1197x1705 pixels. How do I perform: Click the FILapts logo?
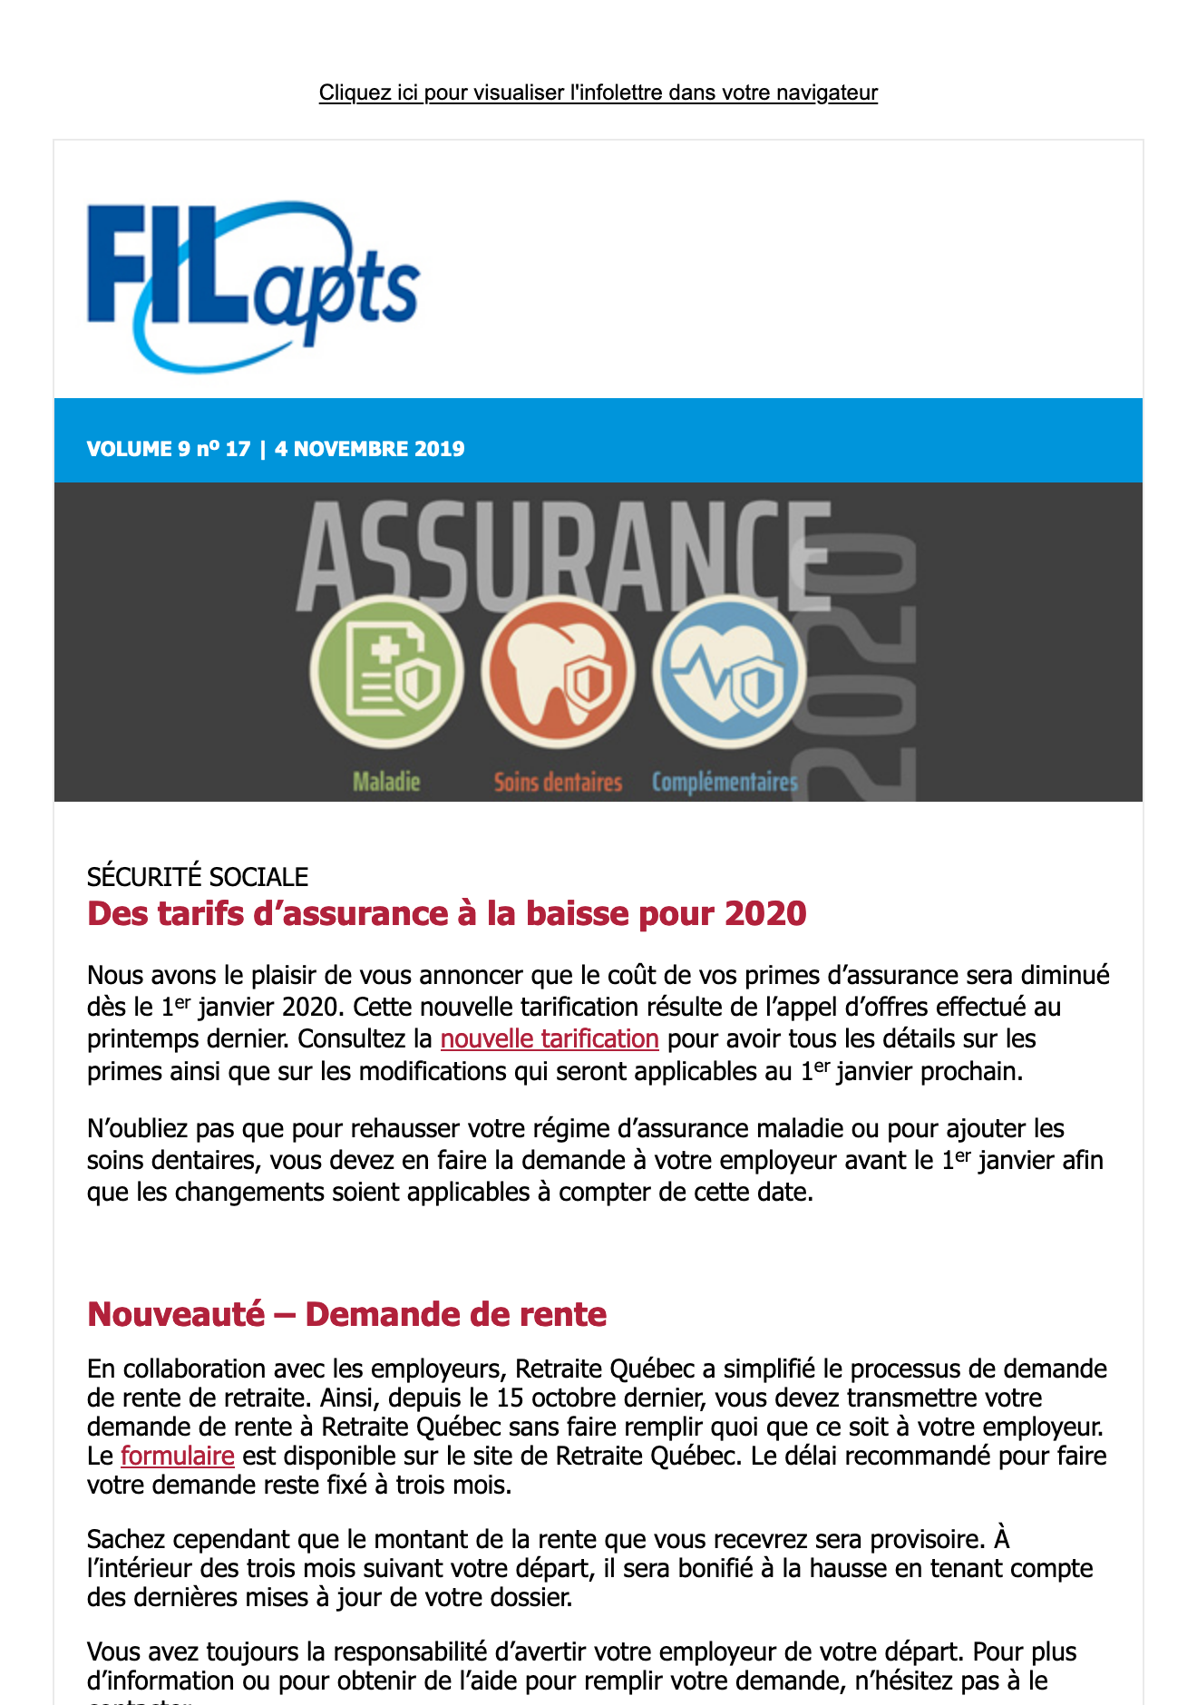click(x=253, y=286)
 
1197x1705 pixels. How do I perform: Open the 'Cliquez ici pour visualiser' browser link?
click(x=598, y=93)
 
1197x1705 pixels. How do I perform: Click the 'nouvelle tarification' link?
click(x=549, y=1038)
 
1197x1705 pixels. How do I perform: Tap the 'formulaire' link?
click(x=177, y=1456)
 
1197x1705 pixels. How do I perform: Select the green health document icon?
click(x=387, y=672)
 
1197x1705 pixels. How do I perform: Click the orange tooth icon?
click(x=558, y=672)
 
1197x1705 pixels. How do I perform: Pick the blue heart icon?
click(x=729, y=672)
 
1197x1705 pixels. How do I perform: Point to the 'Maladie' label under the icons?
click(x=386, y=781)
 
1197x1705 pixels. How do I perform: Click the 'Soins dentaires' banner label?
click(x=558, y=782)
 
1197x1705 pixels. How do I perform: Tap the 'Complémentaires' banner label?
click(x=725, y=782)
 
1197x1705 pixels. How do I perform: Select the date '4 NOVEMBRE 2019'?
click(x=369, y=449)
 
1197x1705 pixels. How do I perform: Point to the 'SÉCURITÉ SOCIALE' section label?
click(x=198, y=877)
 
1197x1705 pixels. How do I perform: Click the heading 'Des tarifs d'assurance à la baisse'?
click(x=446, y=913)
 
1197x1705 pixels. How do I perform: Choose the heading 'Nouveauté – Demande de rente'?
click(x=346, y=1314)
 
